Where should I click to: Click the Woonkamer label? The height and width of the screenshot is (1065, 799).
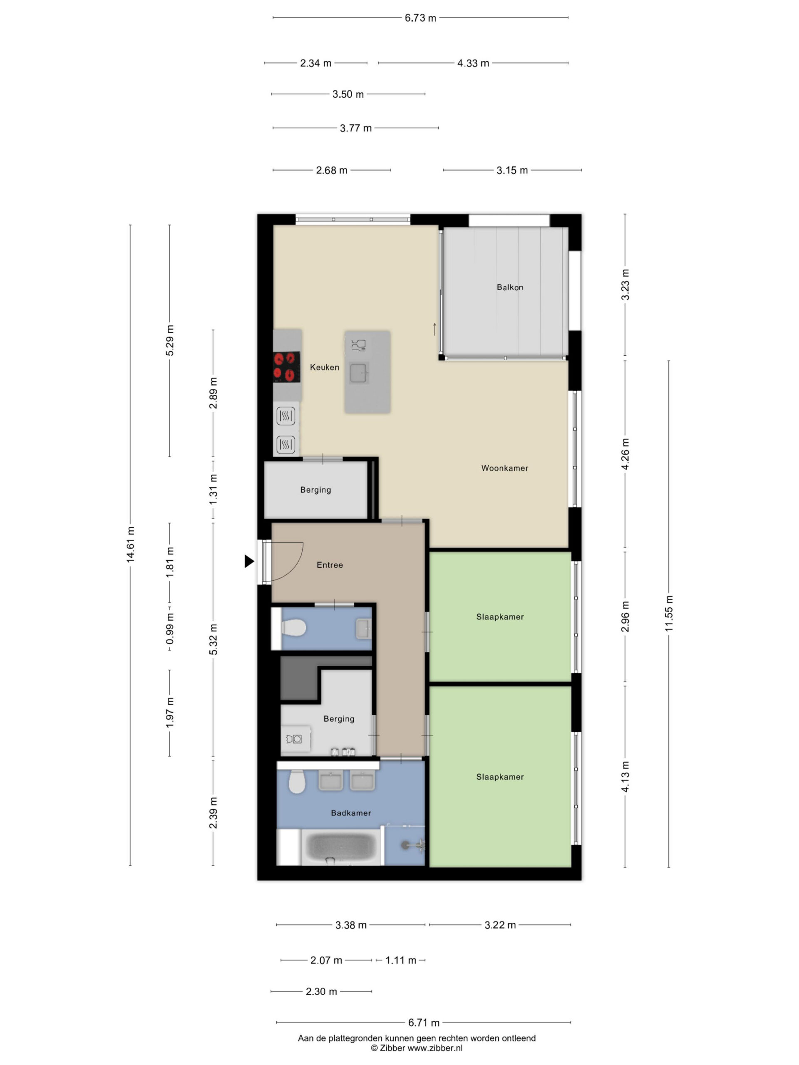coord(505,468)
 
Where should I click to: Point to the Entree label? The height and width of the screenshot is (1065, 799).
coord(330,565)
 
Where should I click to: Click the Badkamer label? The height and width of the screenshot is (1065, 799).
coord(351,813)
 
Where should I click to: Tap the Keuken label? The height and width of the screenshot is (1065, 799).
coord(324,367)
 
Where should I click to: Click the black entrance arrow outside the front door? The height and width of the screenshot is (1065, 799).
coord(249,561)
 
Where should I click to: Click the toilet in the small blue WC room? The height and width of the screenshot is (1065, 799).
coord(293,628)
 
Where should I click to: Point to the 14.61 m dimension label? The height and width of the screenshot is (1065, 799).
coord(130,544)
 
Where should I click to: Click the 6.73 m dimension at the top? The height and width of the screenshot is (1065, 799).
coord(420,18)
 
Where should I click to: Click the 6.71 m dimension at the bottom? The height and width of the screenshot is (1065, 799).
coord(423,1022)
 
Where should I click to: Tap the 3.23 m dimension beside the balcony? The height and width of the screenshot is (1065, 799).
coord(625,285)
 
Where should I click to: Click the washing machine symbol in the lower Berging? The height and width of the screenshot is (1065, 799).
coord(294,739)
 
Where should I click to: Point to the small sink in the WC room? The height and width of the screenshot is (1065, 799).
coord(364,629)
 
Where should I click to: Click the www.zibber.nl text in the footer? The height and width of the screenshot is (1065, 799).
coord(435,1048)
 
